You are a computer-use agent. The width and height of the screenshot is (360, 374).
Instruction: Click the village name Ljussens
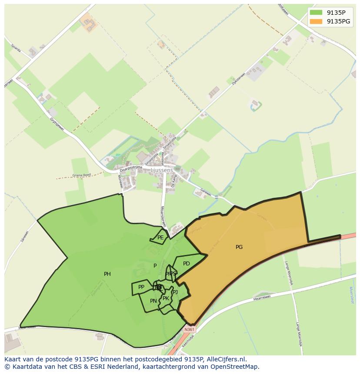(163, 170)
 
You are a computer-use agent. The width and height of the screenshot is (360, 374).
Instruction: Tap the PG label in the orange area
(239, 247)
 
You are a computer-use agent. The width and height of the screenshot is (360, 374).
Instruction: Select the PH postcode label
(107, 274)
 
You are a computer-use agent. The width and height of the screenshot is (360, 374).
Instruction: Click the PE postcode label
(160, 238)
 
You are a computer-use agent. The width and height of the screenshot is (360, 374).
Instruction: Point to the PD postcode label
(187, 264)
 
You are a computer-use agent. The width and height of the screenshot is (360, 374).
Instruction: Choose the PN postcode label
(153, 301)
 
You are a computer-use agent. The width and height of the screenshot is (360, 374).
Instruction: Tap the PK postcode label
(166, 298)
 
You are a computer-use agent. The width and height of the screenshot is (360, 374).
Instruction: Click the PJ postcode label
(175, 292)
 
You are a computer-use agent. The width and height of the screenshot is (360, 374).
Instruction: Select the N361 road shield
(190, 330)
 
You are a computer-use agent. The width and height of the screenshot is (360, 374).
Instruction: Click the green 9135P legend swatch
(316, 13)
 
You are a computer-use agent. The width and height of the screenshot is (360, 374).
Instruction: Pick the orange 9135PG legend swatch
(316, 21)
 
